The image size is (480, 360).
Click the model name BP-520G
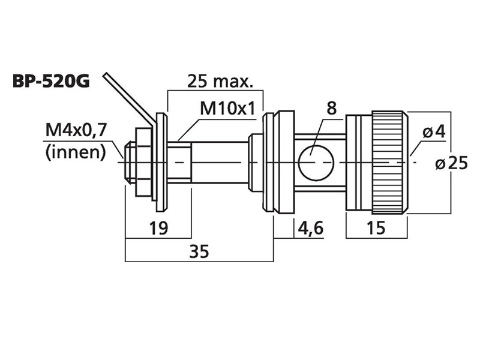[x=51, y=82]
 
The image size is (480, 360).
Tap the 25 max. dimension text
[x=220, y=81]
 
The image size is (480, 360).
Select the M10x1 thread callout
[x=227, y=108]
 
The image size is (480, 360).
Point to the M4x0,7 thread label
[x=76, y=130]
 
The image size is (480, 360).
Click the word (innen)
[x=76, y=152]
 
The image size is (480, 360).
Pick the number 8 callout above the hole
[x=332, y=109]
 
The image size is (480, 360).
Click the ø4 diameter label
[x=434, y=132]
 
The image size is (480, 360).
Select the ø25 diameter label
[x=451, y=163]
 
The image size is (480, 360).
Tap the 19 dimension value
[x=158, y=228]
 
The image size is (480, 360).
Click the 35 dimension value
[x=199, y=251]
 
